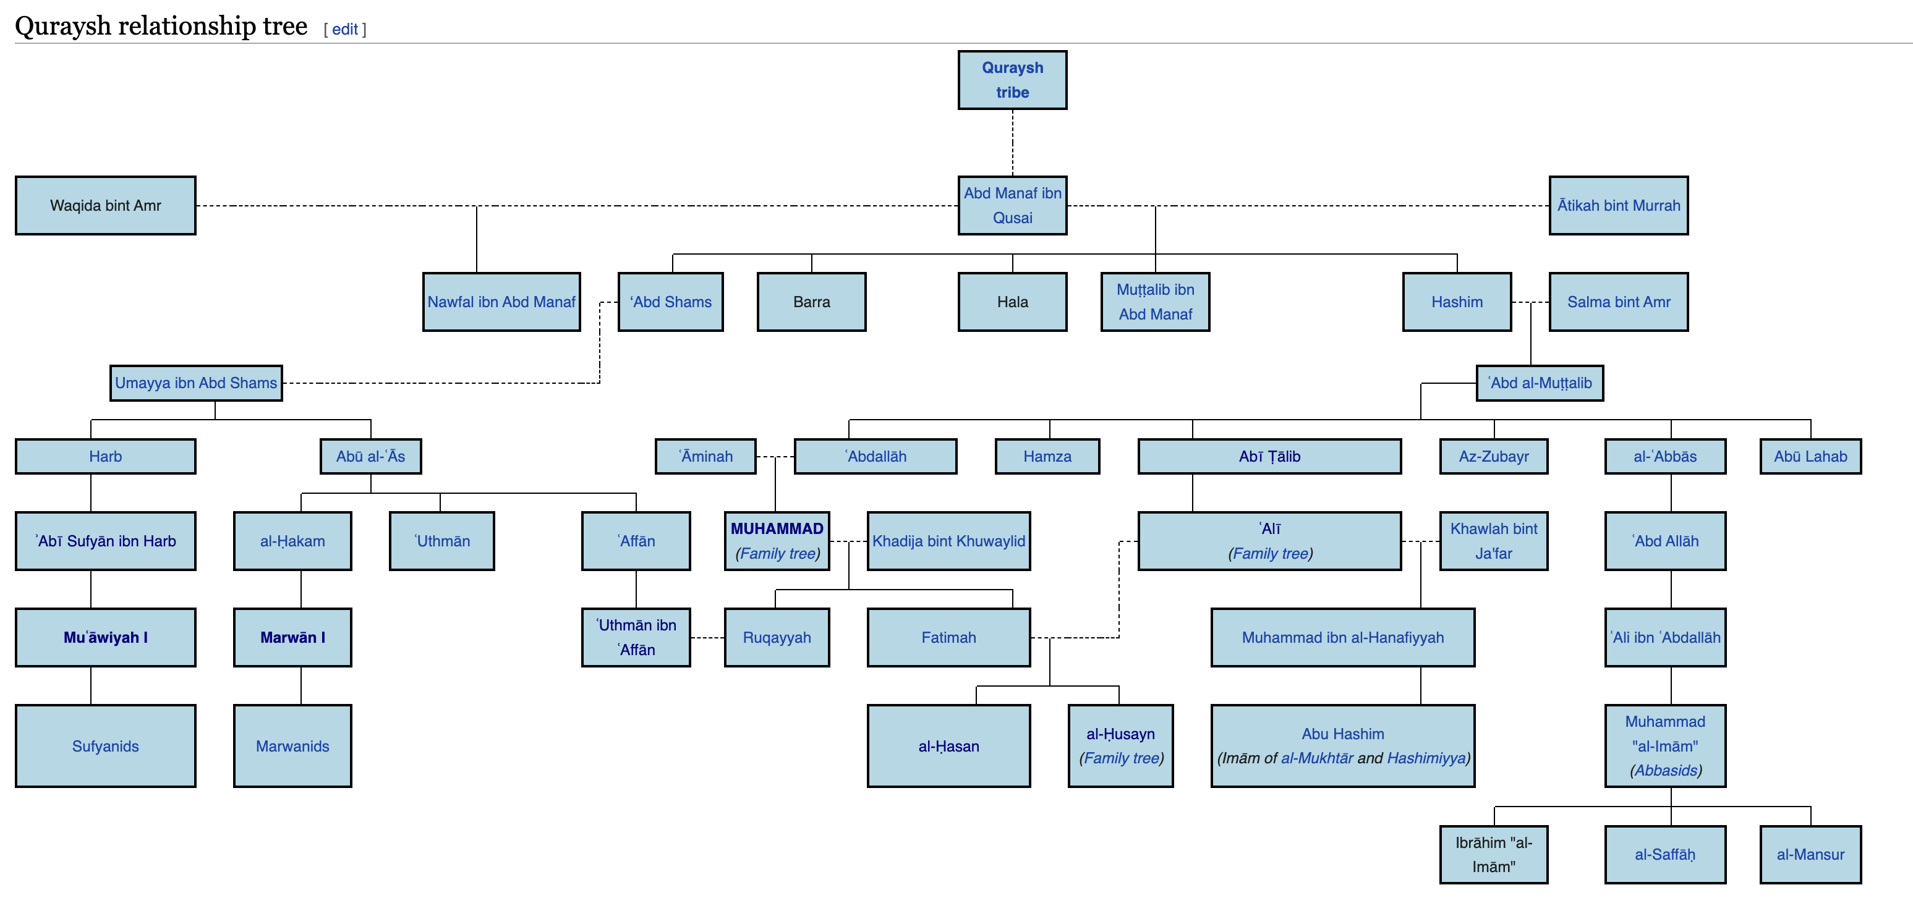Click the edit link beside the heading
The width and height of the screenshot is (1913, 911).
(344, 30)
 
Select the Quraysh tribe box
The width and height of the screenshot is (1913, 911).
(1012, 80)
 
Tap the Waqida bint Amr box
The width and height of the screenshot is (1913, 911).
(106, 206)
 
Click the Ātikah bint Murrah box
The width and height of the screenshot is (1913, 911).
(1618, 206)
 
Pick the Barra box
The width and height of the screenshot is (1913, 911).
(811, 302)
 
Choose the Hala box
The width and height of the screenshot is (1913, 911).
(1012, 302)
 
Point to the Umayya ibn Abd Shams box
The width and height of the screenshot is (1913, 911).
(196, 383)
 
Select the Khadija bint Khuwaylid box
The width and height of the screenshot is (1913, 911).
(948, 541)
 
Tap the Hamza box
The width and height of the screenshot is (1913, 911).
(1047, 457)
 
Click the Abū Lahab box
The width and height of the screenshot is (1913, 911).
(1810, 457)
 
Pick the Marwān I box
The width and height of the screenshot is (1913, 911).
(292, 638)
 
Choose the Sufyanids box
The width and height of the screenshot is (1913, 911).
(106, 746)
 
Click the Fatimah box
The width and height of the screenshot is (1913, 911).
(948, 638)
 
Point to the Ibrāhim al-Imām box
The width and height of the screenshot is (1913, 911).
(1493, 855)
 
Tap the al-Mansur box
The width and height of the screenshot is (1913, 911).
(1810, 855)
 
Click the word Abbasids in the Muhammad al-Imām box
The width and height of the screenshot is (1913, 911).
(1666, 771)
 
